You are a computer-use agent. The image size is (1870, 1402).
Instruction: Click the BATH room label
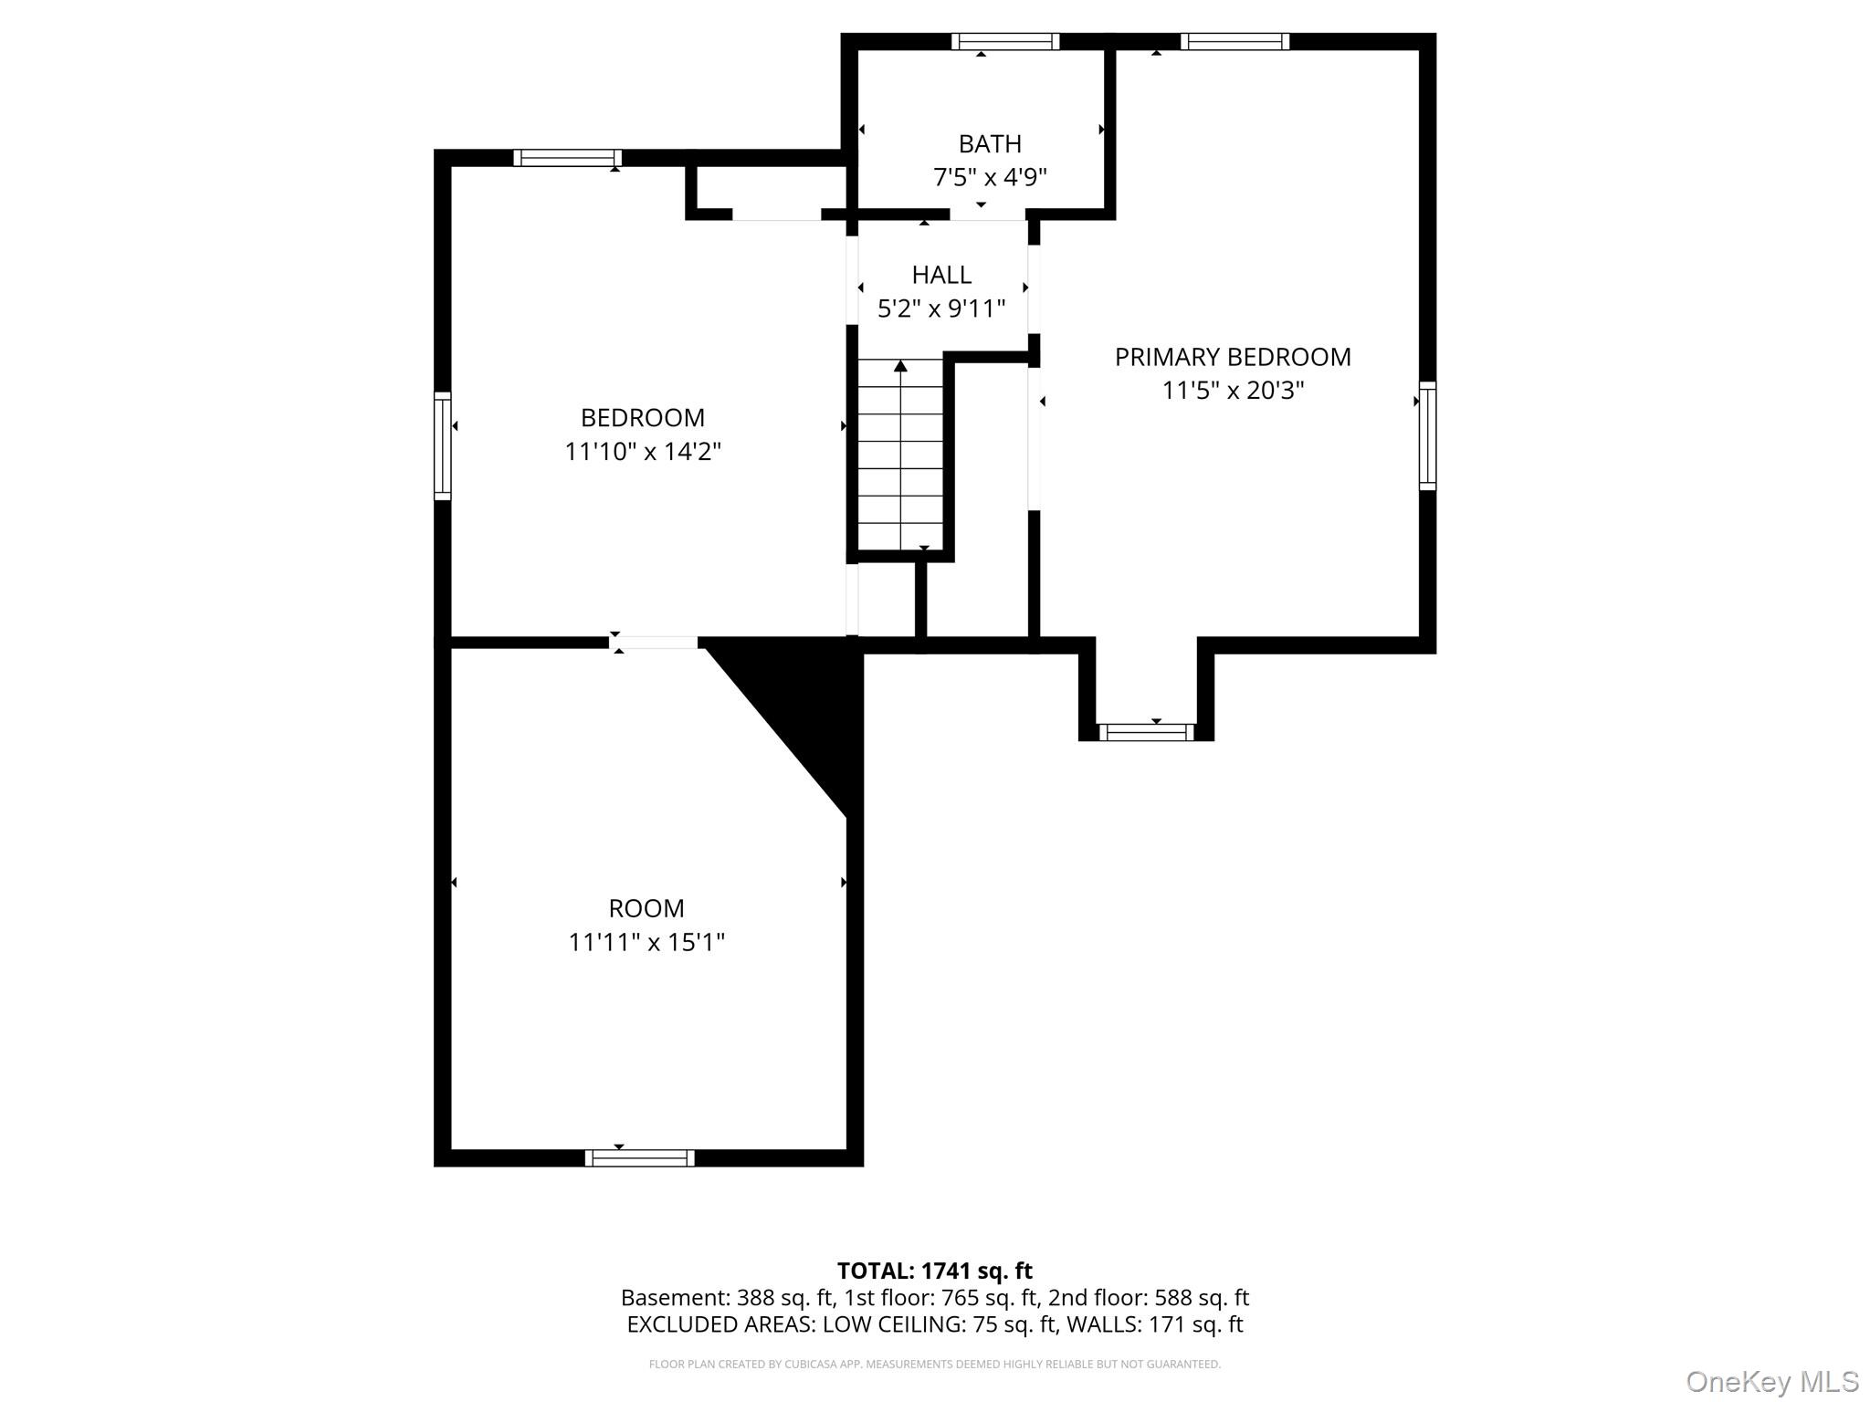point(990,144)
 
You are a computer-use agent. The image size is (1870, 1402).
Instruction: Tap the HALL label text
point(941,275)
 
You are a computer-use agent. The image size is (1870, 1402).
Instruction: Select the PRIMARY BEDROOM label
point(1233,357)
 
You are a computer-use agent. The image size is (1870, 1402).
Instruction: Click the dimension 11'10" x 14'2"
point(643,451)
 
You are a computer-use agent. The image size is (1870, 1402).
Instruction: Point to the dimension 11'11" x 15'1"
point(646,941)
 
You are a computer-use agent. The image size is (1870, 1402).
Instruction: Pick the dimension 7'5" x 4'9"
point(990,177)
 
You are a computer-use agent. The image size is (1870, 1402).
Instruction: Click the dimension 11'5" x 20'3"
point(1233,391)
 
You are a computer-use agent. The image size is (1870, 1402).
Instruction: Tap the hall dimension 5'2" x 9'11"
point(941,309)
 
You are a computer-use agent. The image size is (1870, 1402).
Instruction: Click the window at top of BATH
point(1005,41)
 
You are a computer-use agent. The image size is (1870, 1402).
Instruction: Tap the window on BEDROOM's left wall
point(442,446)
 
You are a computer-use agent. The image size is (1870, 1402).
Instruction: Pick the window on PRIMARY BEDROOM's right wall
point(1427,436)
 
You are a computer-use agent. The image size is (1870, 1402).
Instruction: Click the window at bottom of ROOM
point(639,1158)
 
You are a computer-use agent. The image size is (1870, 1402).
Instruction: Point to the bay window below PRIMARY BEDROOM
point(1146,732)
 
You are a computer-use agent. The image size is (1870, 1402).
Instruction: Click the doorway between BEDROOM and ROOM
point(653,643)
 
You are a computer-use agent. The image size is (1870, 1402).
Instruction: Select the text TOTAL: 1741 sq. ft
point(935,1271)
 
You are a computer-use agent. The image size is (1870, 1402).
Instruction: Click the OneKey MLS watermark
point(1771,1382)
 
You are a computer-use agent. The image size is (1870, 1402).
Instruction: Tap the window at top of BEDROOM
point(567,158)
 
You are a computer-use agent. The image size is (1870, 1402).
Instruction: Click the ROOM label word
point(646,908)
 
